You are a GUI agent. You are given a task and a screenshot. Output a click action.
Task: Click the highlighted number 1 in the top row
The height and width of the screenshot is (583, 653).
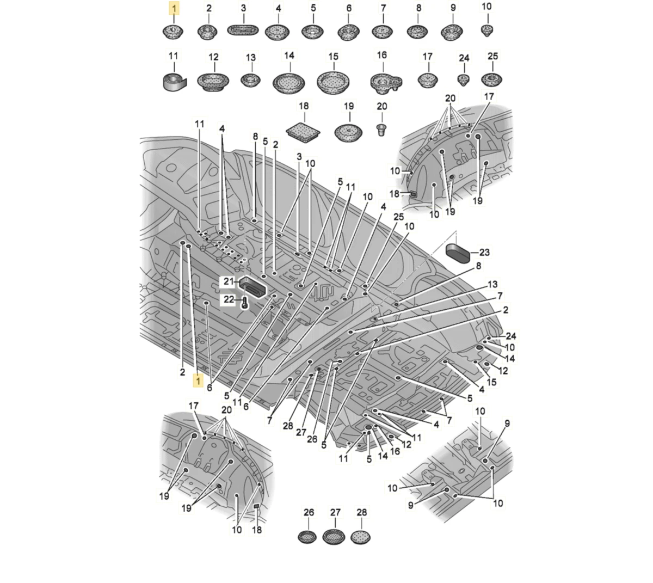(x=174, y=8)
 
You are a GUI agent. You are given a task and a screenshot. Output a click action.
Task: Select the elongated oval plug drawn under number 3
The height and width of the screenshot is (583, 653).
(x=243, y=31)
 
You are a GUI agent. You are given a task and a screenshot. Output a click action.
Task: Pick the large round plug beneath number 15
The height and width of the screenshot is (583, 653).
(x=333, y=81)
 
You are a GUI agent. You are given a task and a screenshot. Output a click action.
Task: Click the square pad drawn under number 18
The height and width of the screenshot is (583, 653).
(x=303, y=131)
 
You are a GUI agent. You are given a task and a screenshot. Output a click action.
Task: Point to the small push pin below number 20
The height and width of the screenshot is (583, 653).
(x=381, y=129)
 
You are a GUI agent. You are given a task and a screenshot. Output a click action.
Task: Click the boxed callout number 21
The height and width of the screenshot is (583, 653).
(x=229, y=281)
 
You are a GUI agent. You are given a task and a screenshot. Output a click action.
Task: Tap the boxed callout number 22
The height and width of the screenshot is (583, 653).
(x=229, y=299)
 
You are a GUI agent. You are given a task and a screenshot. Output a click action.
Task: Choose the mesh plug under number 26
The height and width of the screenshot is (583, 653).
(x=307, y=537)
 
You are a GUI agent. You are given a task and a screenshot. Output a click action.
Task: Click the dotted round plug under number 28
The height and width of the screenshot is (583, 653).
(x=361, y=537)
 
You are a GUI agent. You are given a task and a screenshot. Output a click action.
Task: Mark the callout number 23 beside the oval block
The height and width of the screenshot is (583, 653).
(x=484, y=252)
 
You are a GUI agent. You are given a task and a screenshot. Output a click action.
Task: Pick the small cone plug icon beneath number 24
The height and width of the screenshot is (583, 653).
(x=463, y=80)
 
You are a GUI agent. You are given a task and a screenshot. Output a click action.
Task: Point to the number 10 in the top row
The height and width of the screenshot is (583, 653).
(x=486, y=7)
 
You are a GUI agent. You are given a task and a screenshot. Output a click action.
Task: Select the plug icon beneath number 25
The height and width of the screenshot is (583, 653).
(x=491, y=79)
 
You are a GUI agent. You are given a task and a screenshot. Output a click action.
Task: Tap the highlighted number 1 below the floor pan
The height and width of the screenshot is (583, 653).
(x=198, y=381)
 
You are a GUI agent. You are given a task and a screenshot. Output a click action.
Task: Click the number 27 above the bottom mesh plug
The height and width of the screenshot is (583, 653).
(x=335, y=513)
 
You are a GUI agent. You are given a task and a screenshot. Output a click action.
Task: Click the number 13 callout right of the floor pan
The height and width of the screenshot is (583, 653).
(x=492, y=284)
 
